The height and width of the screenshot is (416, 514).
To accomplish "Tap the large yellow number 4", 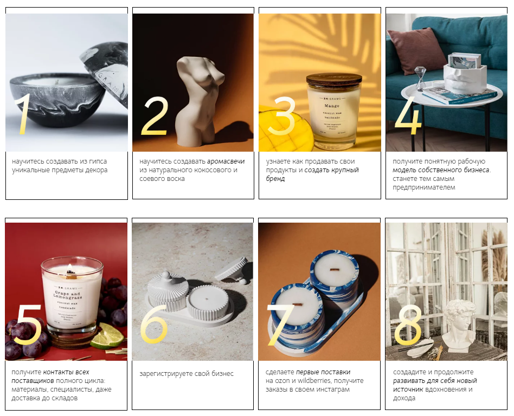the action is coord(408,115).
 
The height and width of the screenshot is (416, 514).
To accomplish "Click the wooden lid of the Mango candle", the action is coord(334,79).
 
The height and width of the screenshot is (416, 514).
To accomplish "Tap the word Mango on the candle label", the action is coord(332,106).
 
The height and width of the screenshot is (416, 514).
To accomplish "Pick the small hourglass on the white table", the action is coord(420,78).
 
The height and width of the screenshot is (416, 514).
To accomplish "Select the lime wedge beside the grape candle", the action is coord(107,336).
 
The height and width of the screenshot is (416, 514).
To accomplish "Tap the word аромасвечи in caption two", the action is coord(226,161).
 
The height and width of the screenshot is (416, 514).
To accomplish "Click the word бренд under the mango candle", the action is coord(275,179).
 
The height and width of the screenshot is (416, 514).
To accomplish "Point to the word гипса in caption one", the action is coord(98,161).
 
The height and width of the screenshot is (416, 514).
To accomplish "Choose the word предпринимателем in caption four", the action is coord(424,188).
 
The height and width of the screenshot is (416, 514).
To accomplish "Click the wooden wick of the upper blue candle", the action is coord(335,270).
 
